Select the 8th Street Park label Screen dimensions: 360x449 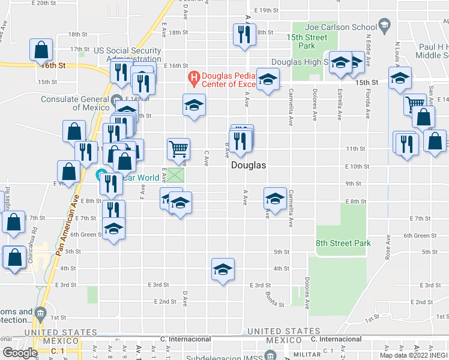(x=343, y=243)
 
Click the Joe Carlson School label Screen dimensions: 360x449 (x=340, y=27)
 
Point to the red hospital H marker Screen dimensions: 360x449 (x=193, y=76)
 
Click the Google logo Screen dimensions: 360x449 (x=20, y=353)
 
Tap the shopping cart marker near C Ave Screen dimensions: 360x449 (x=178, y=148)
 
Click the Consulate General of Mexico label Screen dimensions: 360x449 (x=75, y=103)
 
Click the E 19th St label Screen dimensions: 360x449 (x=267, y=10)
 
